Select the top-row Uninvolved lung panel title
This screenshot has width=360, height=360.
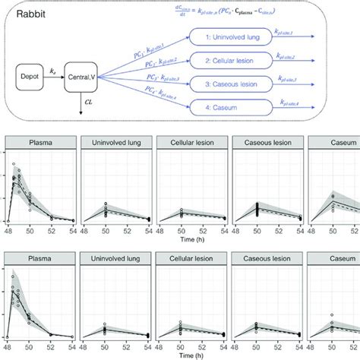[115, 141]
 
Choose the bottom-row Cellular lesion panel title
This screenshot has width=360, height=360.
[189, 258]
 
